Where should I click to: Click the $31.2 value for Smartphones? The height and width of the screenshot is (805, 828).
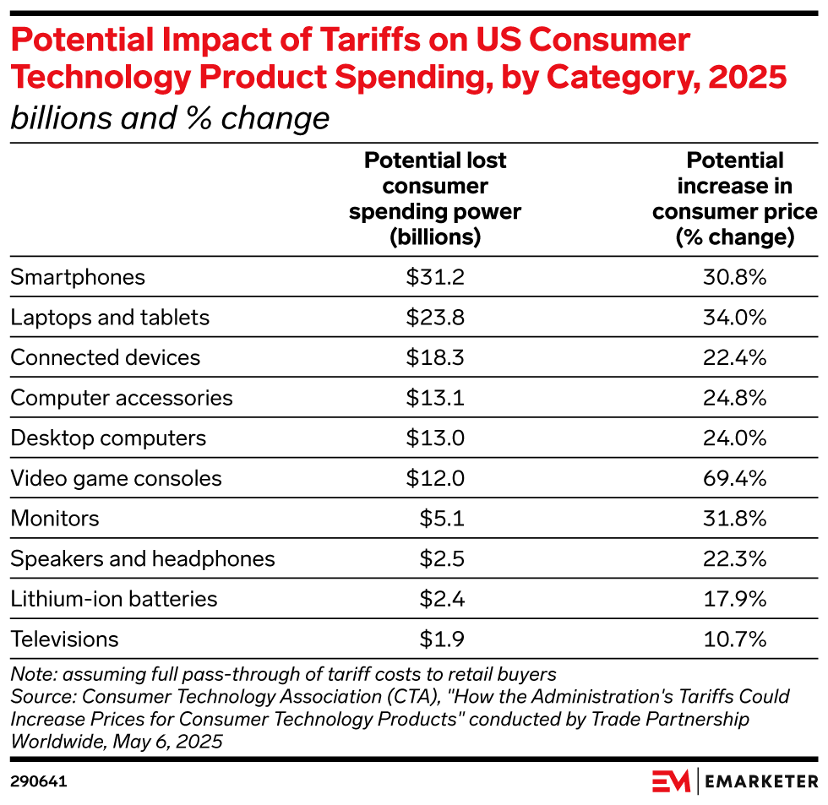(435, 277)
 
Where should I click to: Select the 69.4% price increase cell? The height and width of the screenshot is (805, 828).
(734, 479)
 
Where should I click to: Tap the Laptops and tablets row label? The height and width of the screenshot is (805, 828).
(110, 318)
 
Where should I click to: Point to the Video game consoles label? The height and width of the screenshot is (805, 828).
(116, 479)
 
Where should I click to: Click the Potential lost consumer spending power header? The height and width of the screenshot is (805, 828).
(435, 199)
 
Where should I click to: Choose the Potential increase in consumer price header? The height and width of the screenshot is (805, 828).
(734, 199)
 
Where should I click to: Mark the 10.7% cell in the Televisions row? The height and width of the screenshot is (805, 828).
(734, 639)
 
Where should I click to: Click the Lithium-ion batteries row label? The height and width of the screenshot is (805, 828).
(114, 600)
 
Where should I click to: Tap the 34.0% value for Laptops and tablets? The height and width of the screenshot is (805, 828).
(734, 318)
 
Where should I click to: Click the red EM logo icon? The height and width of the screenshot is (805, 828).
(671, 781)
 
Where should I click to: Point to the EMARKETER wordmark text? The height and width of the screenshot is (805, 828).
(760, 781)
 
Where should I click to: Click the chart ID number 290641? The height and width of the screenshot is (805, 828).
(39, 782)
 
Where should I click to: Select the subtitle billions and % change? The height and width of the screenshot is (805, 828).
(169, 118)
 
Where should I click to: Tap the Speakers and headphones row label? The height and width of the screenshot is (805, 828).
(143, 559)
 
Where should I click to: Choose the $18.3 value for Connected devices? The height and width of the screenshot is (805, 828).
(435, 357)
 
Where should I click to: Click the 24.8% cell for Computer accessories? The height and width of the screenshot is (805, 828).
(734, 398)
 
